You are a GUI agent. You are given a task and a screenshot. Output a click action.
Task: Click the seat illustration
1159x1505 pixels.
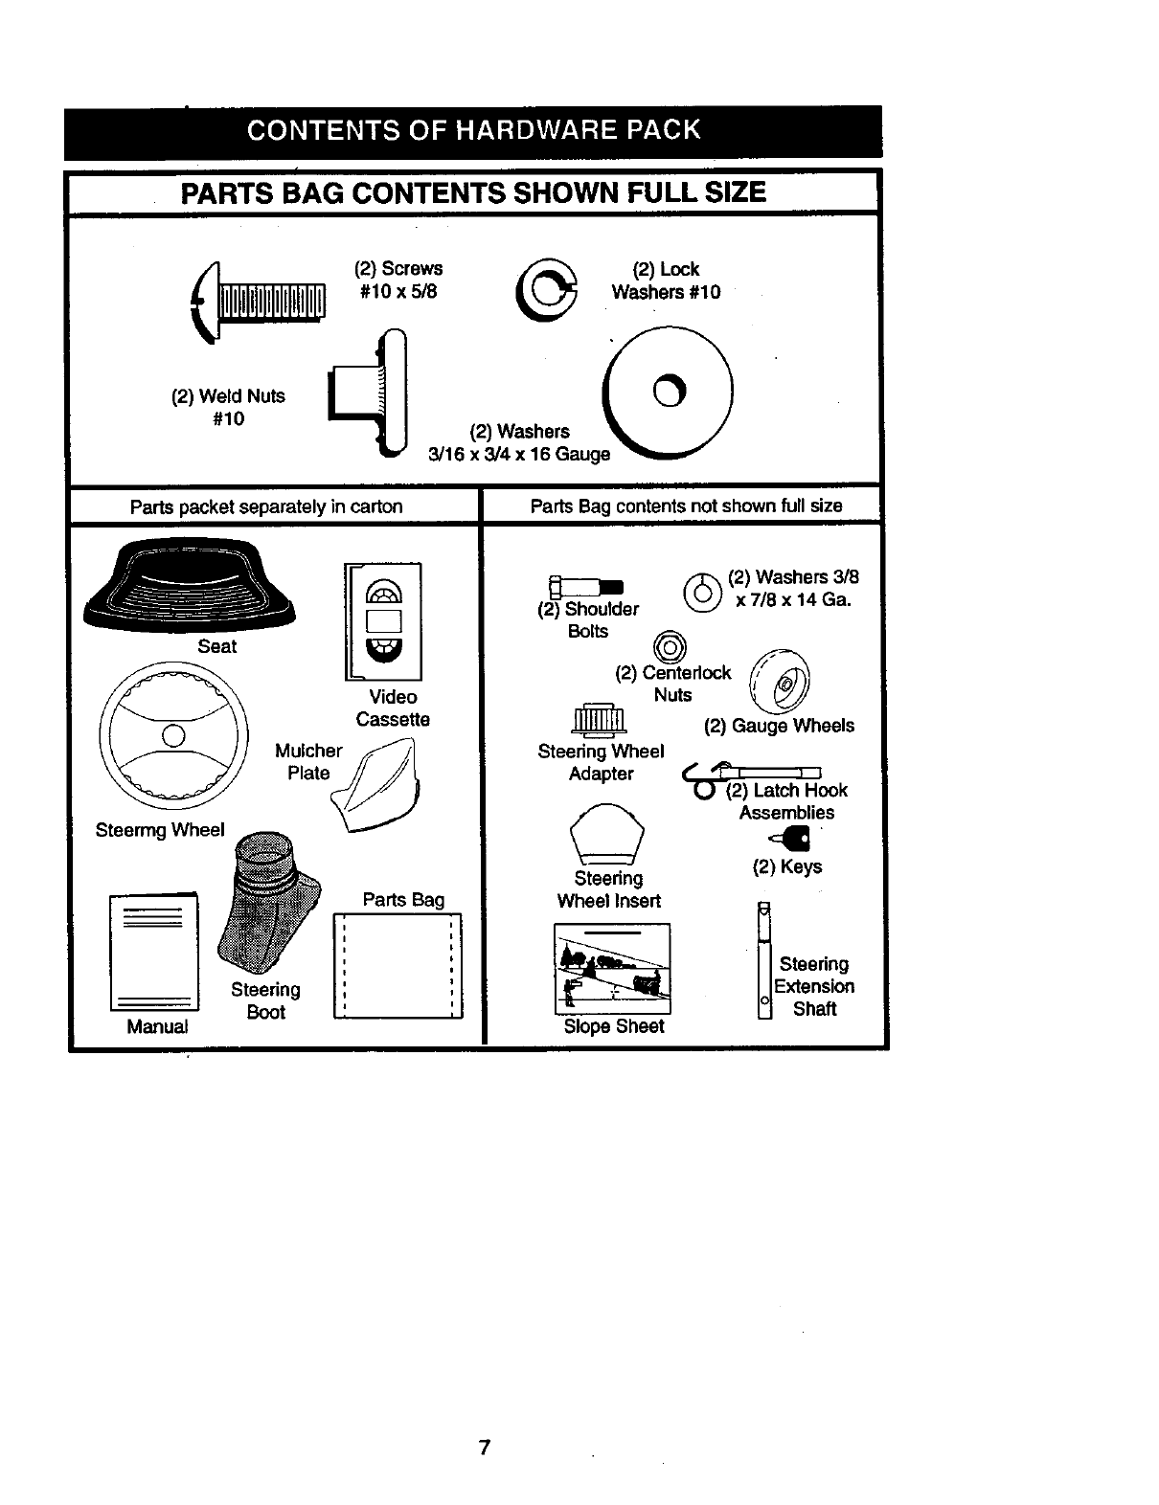tap(190, 586)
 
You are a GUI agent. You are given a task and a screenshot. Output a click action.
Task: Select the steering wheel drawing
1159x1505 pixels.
tap(173, 735)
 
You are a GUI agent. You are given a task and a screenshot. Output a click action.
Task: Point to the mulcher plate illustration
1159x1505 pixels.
tap(380, 786)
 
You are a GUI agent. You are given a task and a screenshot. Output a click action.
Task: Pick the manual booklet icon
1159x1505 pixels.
tap(154, 952)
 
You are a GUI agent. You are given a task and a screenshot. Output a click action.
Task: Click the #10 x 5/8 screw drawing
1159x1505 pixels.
tap(261, 300)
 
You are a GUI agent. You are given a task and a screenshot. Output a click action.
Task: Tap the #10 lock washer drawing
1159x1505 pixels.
tap(547, 289)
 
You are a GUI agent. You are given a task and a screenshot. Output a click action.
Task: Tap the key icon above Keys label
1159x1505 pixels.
tap(794, 841)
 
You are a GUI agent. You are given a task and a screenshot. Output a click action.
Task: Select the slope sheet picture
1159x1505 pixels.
tap(612, 968)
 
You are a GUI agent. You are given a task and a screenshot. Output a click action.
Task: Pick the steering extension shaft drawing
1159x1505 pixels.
tap(764, 960)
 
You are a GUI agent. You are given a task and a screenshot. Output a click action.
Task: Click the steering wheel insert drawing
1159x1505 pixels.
tap(606, 833)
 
